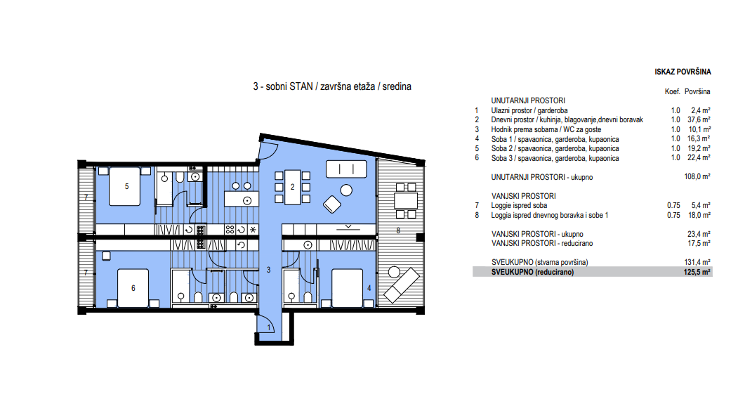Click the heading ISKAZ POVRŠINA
coord(683,72)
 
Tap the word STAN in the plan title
coord(301,86)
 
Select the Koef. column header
coord(672,92)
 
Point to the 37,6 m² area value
coord(699,120)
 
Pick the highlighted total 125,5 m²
coord(697,272)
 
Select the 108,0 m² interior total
coord(697,177)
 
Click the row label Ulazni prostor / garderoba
coord(529,110)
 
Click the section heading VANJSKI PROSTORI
coord(524,196)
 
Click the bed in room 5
coord(125,186)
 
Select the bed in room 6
coord(133,288)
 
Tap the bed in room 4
coord(348,288)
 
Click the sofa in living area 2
coord(346,169)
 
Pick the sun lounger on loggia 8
coord(402,285)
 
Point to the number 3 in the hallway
coord(269,270)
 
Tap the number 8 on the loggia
coord(398,230)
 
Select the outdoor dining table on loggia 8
coord(406,201)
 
